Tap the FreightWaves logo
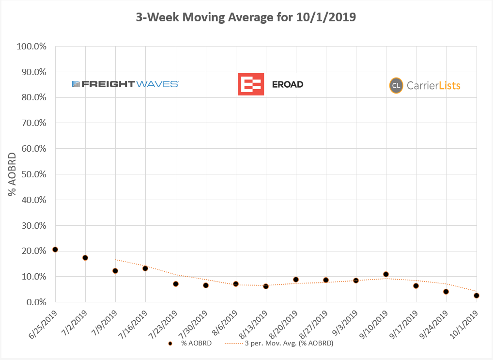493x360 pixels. coord(125,84)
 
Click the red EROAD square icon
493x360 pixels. coord(250,84)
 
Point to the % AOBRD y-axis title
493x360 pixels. coord(13,174)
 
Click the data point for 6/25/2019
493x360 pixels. coord(55,250)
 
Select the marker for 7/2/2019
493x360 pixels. coord(85,258)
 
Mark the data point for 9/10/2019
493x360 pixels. coord(386,274)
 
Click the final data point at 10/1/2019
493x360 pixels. coord(477,296)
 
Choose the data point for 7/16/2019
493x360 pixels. coord(145,268)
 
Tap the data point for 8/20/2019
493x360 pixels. coord(296,280)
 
